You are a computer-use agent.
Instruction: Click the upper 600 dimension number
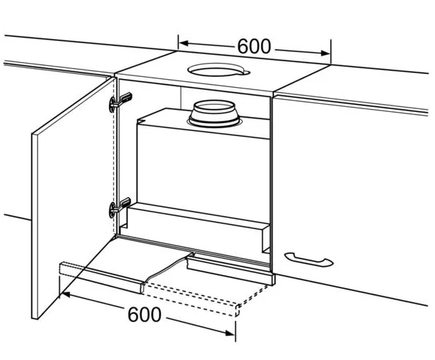254,46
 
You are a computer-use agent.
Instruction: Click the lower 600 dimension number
144,315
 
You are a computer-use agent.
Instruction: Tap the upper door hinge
120,102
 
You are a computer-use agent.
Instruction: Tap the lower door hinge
120,207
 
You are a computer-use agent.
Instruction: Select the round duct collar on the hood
214,113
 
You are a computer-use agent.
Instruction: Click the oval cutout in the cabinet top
219,70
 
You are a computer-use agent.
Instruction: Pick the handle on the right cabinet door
309,259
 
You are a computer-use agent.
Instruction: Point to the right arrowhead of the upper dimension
325,53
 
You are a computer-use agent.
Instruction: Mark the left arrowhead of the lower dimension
66,294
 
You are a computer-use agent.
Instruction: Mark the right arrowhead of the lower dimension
230,333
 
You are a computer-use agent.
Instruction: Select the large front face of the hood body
203,170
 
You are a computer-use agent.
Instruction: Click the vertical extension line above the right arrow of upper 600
330,52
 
